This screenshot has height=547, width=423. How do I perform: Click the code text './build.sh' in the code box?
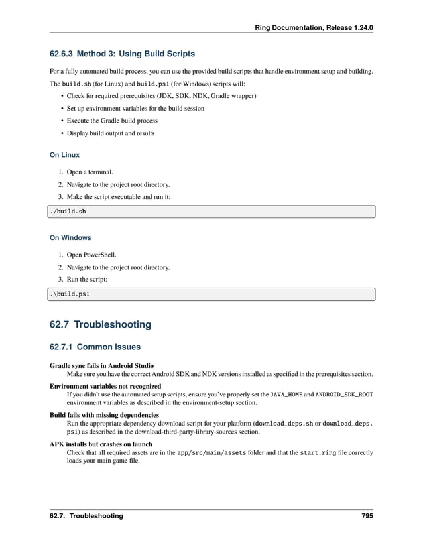[x=68, y=212]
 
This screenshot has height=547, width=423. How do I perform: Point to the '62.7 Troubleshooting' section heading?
[x=100, y=324]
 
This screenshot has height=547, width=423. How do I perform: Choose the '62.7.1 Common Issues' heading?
[x=95, y=346]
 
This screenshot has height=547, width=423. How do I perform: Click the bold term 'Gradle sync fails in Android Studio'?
[x=102, y=365]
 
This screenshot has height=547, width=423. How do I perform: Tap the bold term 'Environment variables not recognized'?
[x=105, y=385]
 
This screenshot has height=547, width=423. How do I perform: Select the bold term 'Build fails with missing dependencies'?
[x=105, y=415]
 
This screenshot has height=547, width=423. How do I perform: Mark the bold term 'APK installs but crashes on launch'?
[x=101, y=444]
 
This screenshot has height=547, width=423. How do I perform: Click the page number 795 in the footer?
[x=367, y=515]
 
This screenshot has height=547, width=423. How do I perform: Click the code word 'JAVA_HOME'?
[x=286, y=395]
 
